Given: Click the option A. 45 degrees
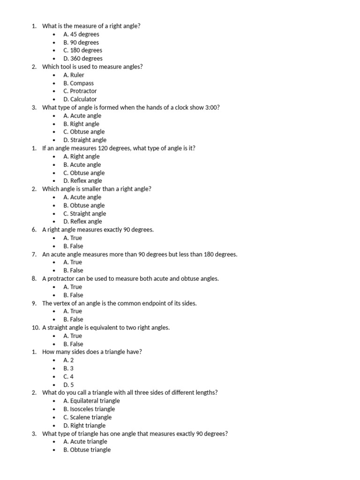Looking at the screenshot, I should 81,34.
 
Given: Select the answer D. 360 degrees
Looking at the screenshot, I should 83,59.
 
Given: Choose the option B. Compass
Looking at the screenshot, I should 78,83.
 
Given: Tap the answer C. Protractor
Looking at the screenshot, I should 80,91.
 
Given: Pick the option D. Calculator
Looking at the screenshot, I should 80,99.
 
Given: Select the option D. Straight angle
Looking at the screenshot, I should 85,140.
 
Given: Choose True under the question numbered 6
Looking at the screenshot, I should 73,238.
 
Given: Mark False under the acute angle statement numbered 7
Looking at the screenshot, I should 73,270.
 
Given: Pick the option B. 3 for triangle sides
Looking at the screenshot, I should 68,368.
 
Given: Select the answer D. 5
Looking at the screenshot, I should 68,385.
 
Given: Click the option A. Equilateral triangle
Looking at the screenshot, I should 91,401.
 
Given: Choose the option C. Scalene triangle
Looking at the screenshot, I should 88,417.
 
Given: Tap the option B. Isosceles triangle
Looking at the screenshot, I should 89,409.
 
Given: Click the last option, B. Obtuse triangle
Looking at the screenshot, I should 87,450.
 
